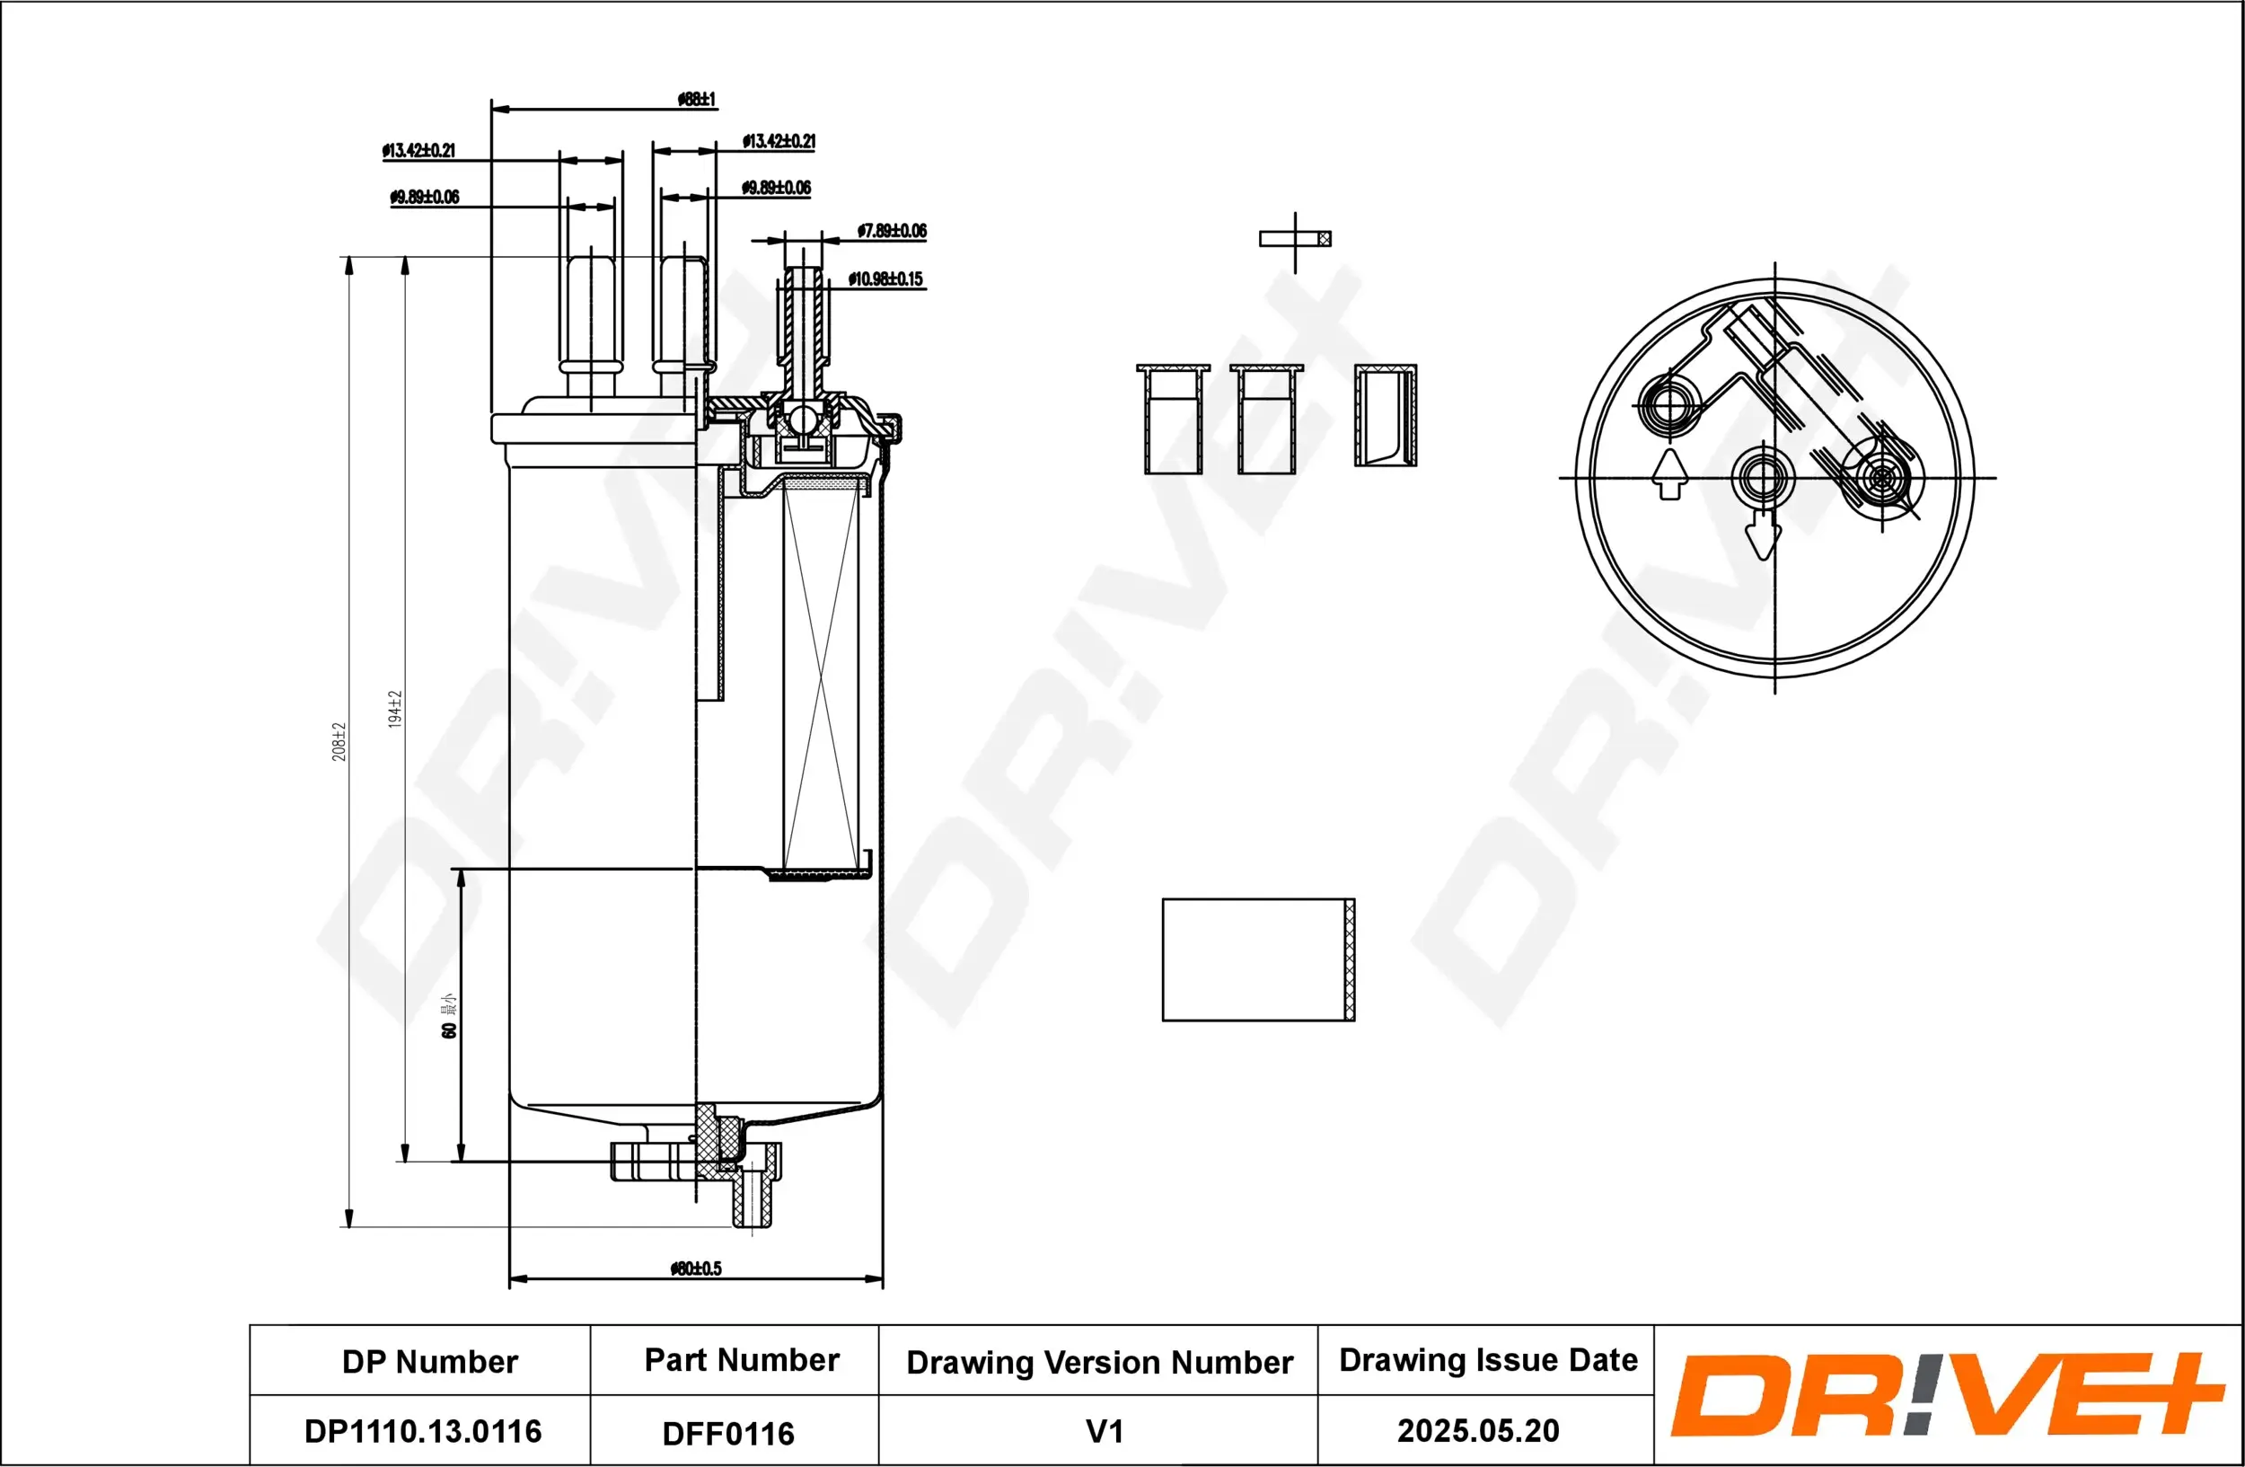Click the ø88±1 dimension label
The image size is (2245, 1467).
(696, 99)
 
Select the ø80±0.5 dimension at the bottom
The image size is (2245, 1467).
(695, 1268)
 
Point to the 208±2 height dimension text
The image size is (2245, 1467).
(339, 741)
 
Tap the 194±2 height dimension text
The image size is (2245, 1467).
(395, 709)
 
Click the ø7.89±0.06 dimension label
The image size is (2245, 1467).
(892, 231)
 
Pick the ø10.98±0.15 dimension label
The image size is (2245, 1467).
(885, 279)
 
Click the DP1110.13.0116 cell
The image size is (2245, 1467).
(423, 1431)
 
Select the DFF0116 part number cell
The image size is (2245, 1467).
(728, 1434)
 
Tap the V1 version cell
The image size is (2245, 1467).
(1105, 1431)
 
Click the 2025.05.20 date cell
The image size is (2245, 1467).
(1477, 1430)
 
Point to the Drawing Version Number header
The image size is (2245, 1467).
(1099, 1362)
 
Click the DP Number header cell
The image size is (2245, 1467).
(429, 1361)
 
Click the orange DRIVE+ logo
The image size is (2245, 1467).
(1946, 1394)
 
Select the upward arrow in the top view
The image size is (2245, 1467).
(1669, 473)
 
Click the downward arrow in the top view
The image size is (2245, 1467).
(1762, 535)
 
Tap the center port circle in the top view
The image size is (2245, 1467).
(1762, 477)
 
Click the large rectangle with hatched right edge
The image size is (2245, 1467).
(1257, 959)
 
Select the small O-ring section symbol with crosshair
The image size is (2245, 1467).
(1295, 240)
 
